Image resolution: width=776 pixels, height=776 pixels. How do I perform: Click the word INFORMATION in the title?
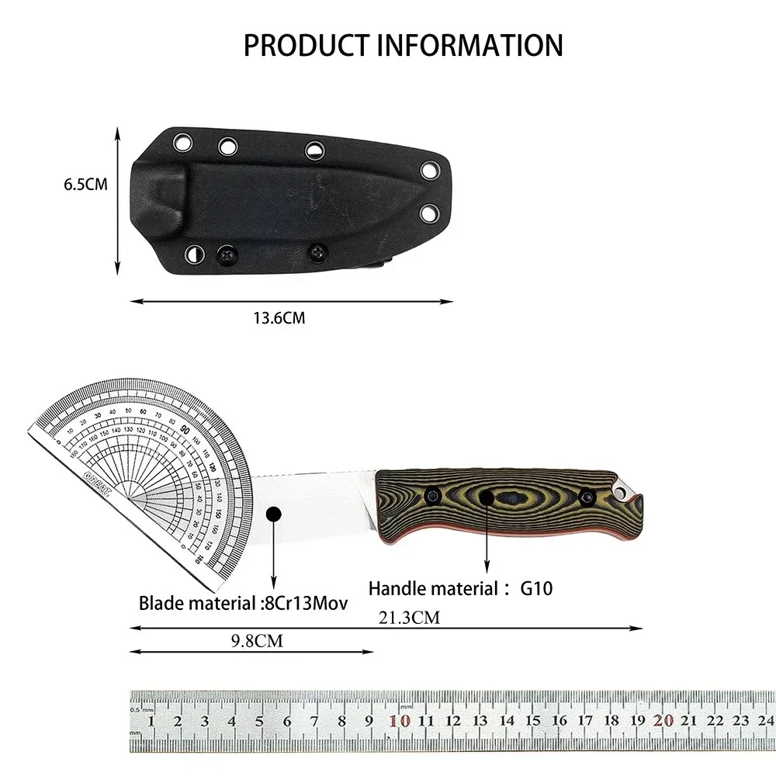470,45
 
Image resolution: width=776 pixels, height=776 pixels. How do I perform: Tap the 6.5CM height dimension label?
85,185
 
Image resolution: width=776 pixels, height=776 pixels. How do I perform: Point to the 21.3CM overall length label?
410,618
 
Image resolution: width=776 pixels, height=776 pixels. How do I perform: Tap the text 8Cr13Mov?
307,602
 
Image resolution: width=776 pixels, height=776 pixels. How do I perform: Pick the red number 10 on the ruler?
401,721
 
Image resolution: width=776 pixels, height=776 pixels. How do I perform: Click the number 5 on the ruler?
259,722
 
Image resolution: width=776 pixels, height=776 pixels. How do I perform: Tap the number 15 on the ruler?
532,722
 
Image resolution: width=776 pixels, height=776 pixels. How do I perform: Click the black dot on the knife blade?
273,514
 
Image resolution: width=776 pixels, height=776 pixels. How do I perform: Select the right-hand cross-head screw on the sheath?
318,251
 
